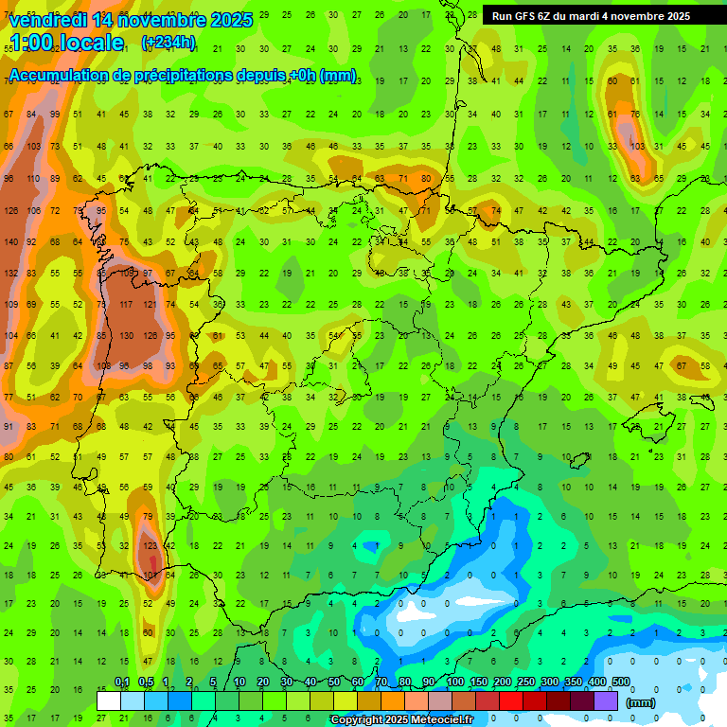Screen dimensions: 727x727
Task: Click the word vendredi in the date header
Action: tap(54, 19)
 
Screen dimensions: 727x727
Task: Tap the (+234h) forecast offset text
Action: tap(168, 43)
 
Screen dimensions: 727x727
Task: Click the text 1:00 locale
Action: tap(67, 43)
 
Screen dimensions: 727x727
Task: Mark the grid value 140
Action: tap(10, 242)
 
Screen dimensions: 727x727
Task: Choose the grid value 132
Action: tap(10, 274)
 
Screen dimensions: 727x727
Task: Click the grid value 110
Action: tap(33, 179)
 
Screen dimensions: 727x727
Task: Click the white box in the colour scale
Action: tap(109, 700)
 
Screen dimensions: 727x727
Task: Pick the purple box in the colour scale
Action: tap(606, 700)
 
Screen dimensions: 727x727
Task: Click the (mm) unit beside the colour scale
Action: tap(641, 702)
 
